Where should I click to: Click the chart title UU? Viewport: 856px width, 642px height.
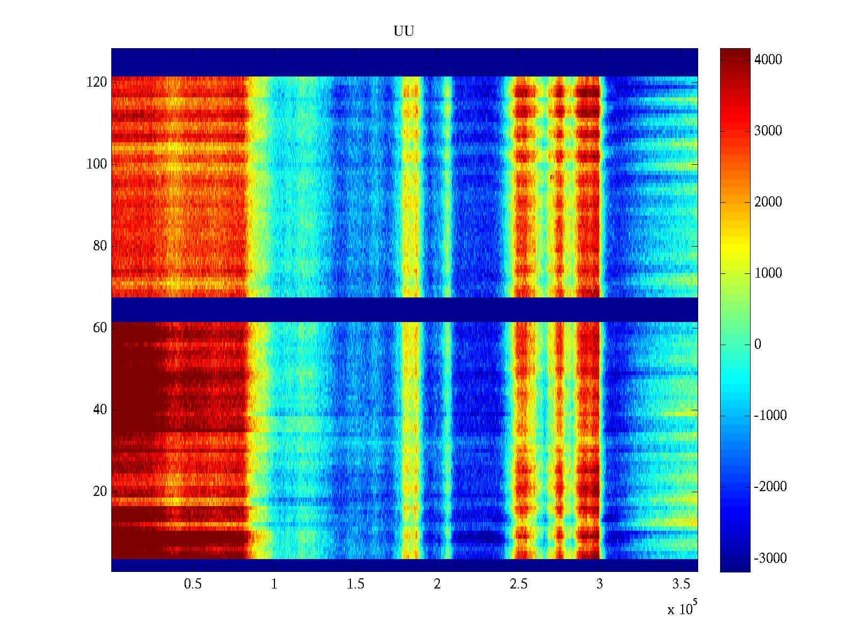tap(404, 31)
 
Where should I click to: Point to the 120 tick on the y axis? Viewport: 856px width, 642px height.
tap(97, 82)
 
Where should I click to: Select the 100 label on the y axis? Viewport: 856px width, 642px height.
tap(97, 164)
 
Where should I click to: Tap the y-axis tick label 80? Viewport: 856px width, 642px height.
tap(100, 246)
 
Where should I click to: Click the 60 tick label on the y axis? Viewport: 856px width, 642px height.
tap(100, 328)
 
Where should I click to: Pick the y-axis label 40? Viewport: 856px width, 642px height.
tap(100, 410)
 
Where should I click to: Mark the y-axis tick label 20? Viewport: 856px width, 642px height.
tap(100, 492)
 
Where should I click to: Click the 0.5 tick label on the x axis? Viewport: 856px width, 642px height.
tap(193, 584)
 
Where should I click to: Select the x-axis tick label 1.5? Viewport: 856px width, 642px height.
tap(355, 584)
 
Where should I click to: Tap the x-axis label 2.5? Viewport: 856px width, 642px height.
tap(518, 584)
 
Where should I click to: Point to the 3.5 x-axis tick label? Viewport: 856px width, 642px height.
tap(681, 584)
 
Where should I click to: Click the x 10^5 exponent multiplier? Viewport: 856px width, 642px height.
tap(682, 608)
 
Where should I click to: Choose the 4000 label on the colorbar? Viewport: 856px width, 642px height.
tap(768, 60)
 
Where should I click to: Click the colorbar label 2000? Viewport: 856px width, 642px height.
tap(768, 202)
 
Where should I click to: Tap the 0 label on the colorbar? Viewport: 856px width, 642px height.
tap(758, 345)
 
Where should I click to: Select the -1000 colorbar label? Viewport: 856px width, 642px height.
tap(770, 416)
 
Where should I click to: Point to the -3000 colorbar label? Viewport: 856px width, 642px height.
tap(770, 559)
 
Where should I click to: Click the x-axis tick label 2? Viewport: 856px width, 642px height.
tap(437, 584)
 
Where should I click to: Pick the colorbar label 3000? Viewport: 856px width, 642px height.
tap(768, 131)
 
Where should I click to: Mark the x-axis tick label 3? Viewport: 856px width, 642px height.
tap(600, 584)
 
